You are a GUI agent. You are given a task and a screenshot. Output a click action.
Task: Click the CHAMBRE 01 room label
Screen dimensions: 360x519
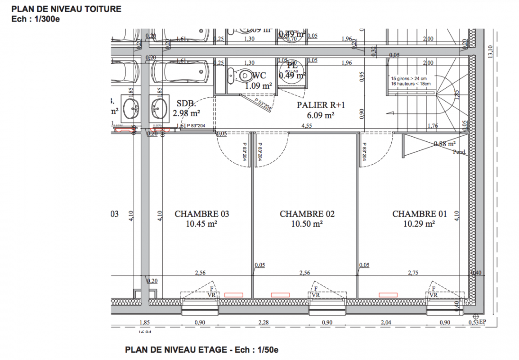point(420,214)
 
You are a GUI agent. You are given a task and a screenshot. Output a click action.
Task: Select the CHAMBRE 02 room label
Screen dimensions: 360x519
point(307,214)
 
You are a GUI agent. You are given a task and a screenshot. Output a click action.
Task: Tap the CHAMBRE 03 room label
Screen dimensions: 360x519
point(201,214)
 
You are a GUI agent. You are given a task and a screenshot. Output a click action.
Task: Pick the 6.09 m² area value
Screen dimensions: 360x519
point(321,115)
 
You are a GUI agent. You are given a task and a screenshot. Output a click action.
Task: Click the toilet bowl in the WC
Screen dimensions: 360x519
point(243,75)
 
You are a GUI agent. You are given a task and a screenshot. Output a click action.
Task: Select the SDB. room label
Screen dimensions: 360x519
point(186,103)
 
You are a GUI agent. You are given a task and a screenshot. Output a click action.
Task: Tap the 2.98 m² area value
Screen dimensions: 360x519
point(186,112)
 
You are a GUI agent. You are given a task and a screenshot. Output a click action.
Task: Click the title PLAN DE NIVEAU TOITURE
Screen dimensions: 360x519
point(66,9)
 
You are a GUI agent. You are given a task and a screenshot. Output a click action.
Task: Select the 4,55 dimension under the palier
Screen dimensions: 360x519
point(307,126)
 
